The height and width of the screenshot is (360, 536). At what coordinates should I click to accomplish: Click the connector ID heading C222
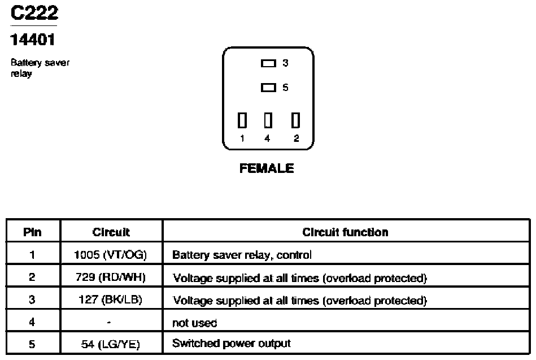(34, 13)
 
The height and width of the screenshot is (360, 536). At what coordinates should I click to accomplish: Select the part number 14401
(32, 40)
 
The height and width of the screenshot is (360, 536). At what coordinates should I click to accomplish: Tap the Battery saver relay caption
(40, 68)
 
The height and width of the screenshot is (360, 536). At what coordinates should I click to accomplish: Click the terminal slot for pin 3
(268, 63)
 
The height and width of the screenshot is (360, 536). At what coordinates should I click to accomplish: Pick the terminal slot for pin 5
(268, 88)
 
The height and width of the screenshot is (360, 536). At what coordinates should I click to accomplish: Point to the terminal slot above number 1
(242, 120)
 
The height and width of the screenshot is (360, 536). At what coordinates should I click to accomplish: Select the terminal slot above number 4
(268, 120)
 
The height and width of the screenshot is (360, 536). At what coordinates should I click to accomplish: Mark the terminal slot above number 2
(296, 120)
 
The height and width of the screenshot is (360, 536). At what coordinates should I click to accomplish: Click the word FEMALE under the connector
(267, 168)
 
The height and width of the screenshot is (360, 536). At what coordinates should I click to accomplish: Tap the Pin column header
(32, 232)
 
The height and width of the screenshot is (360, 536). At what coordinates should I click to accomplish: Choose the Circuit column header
(111, 232)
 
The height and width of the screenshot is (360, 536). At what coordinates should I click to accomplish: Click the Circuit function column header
(345, 232)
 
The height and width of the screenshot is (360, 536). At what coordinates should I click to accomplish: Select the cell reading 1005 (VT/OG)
(110, 255)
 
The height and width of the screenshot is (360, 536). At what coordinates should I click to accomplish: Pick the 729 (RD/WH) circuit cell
(110, 277)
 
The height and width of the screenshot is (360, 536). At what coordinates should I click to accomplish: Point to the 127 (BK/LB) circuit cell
(110, 300)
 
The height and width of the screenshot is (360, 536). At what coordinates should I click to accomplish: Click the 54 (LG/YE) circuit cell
(110, 344)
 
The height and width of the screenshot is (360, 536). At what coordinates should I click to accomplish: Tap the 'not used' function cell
(194, 323)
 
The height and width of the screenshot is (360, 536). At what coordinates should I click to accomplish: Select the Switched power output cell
(232, 343)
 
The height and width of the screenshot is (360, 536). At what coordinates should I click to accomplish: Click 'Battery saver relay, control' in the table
(242, 255)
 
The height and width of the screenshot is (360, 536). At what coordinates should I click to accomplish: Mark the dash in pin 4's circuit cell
(108, 322)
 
